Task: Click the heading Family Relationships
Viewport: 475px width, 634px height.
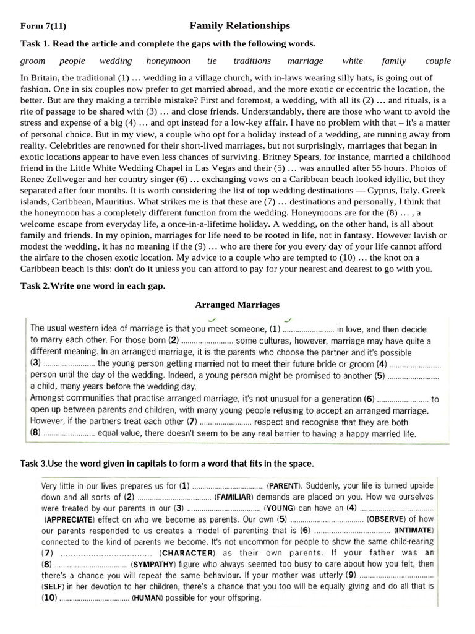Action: (x=239, y=25)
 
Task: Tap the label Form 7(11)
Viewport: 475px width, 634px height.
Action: (x=43, y=26)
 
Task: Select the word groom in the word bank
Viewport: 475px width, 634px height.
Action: (x=33, y=61)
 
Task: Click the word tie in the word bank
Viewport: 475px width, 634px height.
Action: (x=212, y=61)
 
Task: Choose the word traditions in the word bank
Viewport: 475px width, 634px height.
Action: (x=252, y=61)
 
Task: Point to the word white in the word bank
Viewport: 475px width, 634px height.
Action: (x=353, y=61)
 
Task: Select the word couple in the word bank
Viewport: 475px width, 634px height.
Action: (x=438, y=61)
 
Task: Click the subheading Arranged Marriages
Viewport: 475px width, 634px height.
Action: (x=237, y=305)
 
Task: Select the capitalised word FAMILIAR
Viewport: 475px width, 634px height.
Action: (x=233, y=497)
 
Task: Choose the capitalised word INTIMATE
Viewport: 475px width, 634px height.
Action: (x=414, y=531)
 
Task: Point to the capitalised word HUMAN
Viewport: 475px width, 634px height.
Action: (x=147, y=599)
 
